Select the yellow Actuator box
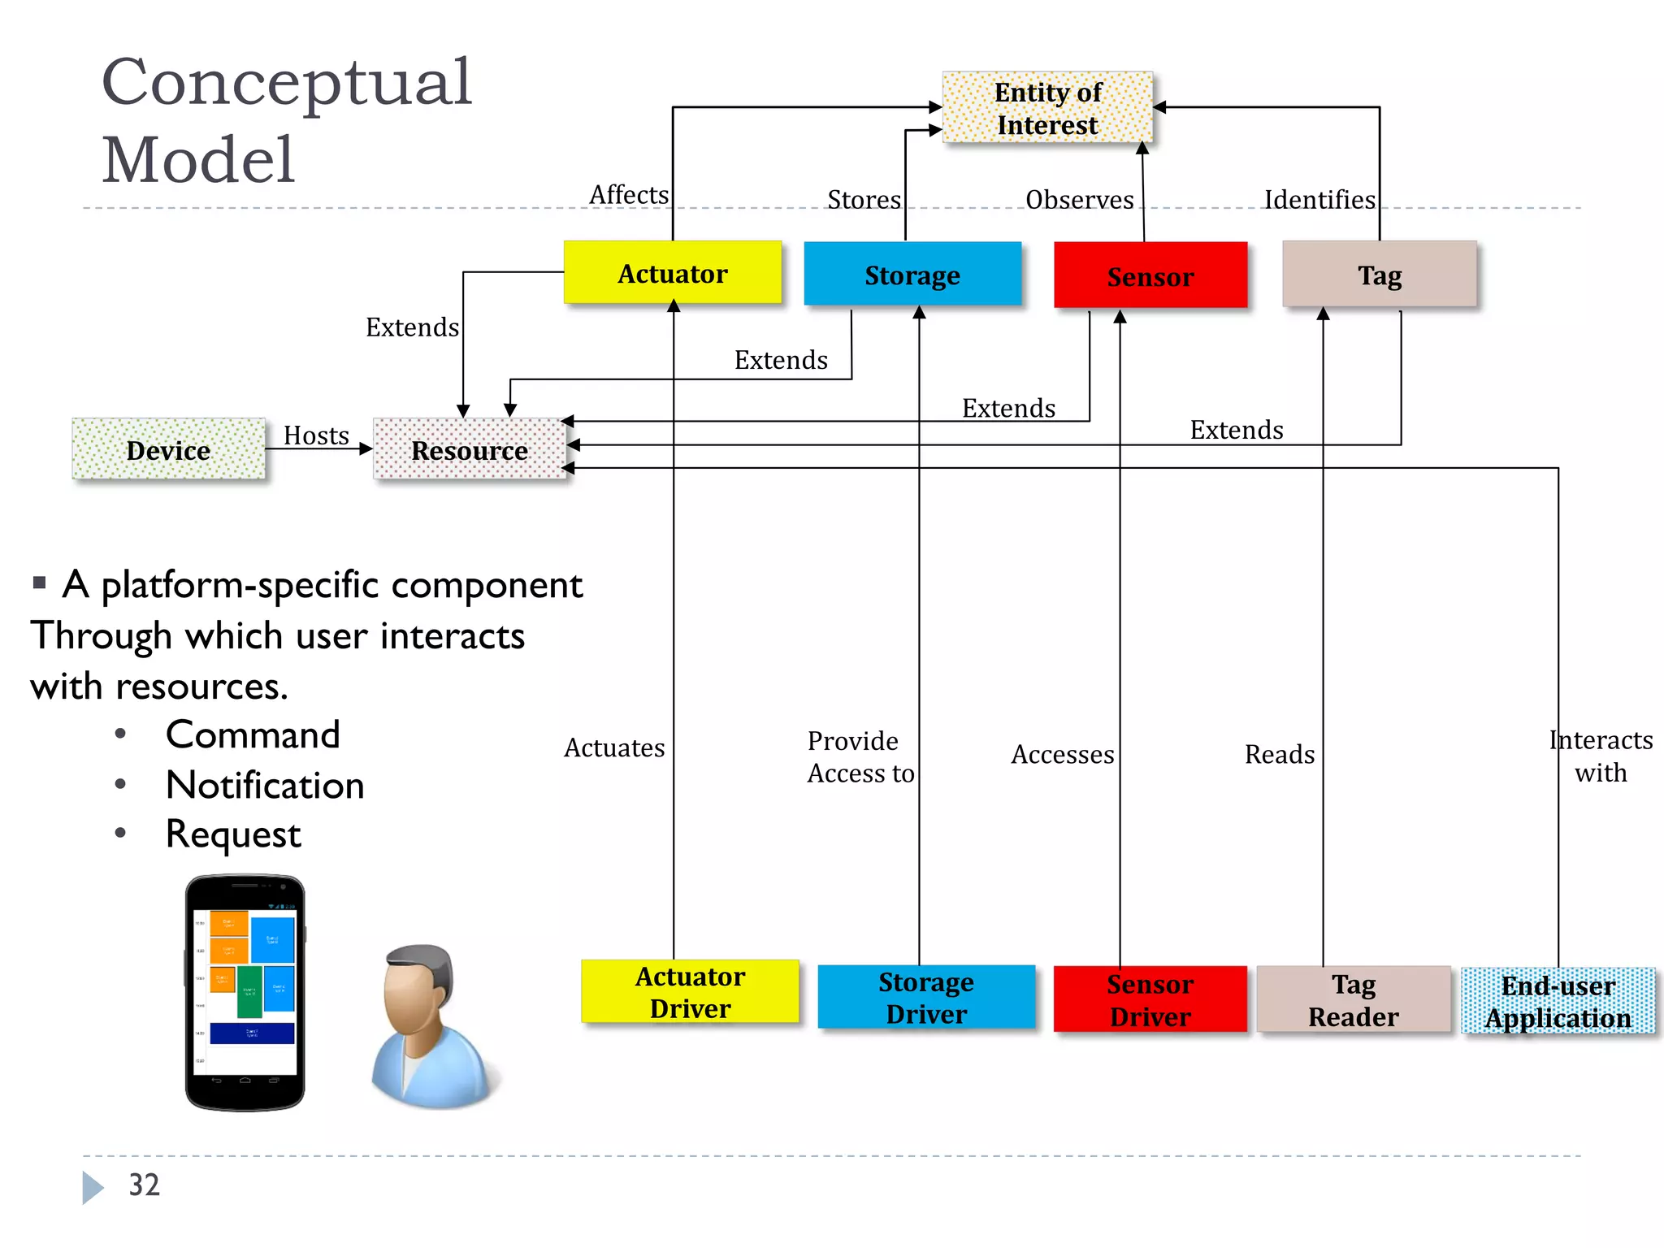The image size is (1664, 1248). coord(673,273)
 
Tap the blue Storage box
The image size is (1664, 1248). coord(912,275)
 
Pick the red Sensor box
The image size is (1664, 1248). coord(1150,276)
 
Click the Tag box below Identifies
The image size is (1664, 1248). coord(1380,275)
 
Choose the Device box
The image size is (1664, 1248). coord(168,449)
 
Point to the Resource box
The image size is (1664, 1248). coord(470,449)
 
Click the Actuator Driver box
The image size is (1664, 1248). coord(690,992)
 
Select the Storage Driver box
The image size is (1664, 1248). coord(926,998)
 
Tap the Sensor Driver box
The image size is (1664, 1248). coord(1150,999)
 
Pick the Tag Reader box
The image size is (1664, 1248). coord(1354,999)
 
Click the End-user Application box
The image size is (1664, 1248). coord(1558,1001)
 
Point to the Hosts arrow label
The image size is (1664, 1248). coord(316,435)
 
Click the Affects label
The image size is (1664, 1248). coord(629,195)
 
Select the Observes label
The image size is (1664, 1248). coord(1079,200)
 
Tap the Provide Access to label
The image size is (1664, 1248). coord(860,756)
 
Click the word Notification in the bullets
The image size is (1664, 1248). coord(265,786)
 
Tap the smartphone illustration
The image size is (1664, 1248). coord(245,992)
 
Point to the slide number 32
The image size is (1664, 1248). coord(145,1185)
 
